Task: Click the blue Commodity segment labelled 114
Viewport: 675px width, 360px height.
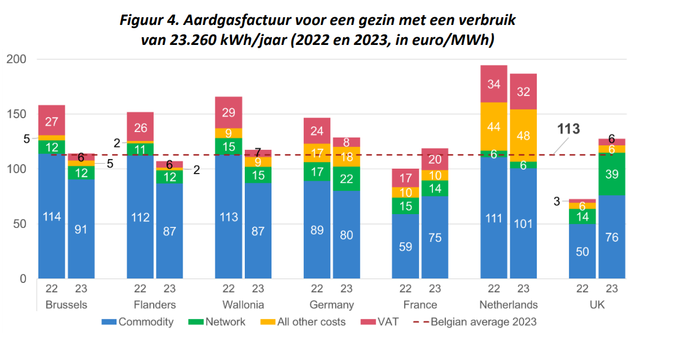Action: point(52,216)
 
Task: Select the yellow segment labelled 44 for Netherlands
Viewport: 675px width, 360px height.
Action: point(493,126)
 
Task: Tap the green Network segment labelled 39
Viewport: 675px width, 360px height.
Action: point(611,174)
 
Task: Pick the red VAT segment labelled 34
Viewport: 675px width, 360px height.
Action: point(493,84)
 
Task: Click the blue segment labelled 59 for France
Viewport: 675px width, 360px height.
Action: point(405,246)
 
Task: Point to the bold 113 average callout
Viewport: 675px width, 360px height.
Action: point(568,129)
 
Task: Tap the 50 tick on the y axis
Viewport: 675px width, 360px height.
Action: point(19,224)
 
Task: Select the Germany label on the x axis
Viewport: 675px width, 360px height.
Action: point(331,305)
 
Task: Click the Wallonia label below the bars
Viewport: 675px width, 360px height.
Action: point(243,305)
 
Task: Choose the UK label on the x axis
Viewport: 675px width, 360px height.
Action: point(597,305)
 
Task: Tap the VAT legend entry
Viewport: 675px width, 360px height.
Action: point(388,322)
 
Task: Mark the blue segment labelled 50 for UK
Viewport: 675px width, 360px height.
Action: point(582,251)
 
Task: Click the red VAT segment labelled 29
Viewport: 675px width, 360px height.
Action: point(228,113)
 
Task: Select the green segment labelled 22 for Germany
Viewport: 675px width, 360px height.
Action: point(346,179)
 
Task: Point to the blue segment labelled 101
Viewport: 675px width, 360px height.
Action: point(523,223)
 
